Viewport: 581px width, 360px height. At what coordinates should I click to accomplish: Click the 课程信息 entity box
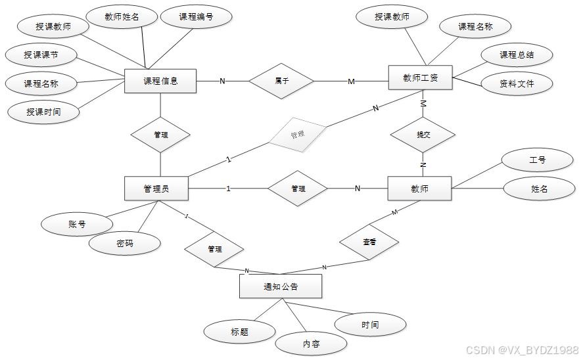[160, 81]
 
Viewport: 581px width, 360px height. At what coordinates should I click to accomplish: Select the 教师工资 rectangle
[421, 78]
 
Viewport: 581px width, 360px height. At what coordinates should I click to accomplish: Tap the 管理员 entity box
[156, 189]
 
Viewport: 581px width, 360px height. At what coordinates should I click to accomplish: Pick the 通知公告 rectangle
[281, 286]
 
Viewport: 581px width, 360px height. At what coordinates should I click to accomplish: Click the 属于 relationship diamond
[282, 81]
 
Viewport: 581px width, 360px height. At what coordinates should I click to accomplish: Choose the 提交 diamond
[423, 135]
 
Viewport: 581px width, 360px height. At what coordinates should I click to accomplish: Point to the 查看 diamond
[369, 242]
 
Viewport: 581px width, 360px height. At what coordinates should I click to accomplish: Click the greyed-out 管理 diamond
[297, 135]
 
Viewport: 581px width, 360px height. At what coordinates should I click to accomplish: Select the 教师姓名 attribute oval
[122, 16]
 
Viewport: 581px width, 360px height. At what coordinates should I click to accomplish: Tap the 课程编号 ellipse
[196, 17]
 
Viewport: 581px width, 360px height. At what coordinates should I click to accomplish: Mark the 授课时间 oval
[43, 112]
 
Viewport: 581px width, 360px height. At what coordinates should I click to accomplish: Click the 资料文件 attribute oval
[517, 83]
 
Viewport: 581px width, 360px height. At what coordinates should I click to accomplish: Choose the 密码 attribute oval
[125, 243]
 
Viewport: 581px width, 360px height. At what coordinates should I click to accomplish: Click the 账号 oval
[77, 224]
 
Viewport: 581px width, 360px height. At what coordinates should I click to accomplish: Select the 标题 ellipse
[239, 332]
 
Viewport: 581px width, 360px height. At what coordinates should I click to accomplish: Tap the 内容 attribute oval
[311, 344]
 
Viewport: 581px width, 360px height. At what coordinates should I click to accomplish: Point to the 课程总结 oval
[517, 55]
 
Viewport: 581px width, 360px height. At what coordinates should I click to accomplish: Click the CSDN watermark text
[522, 350]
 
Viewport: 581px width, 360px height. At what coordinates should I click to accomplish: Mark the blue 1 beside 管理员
[229, 189]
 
